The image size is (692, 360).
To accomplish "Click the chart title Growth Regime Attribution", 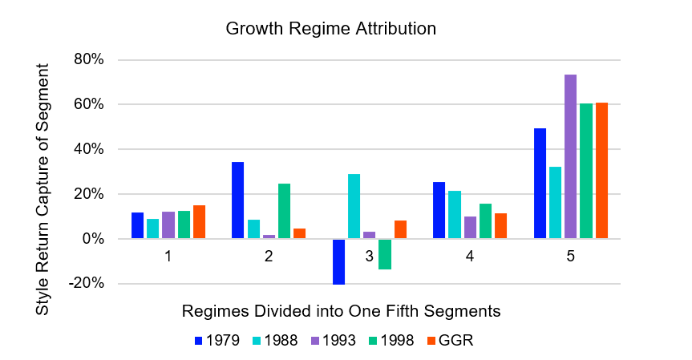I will pyautogui.click(x=330, y=29).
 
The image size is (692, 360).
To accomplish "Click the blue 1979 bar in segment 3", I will pyautogui.click(x=338, y=261).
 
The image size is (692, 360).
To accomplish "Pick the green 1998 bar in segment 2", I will pyautogui.click(x=284, y=211).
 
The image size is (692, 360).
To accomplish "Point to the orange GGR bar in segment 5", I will pyautogui.click(x=601, y=171).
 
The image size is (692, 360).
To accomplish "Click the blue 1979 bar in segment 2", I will pyautogui.click(x=237, y=200).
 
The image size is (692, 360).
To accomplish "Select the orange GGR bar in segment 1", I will pyautogui.click(x=199, y=222).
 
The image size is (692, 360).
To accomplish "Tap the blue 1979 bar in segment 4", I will pyautogui.click(x=439, y=210).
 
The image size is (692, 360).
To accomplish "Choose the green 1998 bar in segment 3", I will pyautogui.click(x=385, y=254).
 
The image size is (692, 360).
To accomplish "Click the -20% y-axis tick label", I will pyautogui.click(x=86, y=284).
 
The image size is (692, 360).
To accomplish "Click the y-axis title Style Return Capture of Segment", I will pyautogui.click(x=42, y=172).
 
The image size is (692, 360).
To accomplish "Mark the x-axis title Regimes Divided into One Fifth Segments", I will pyautogui.click(x=341, y=310).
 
